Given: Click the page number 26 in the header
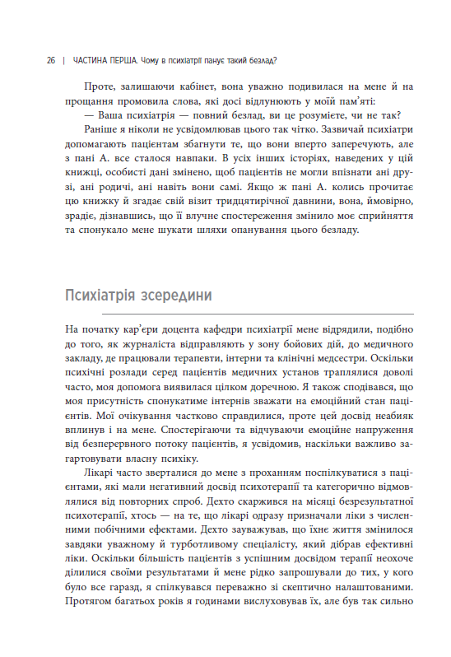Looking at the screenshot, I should (50, 61).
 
